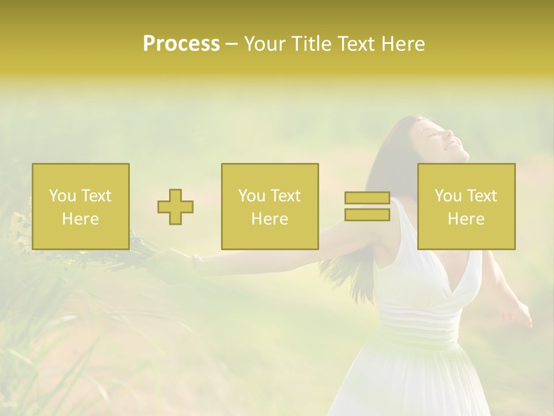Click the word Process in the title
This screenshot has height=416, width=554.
pos(181,44)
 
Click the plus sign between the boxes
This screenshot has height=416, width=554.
pos(175,207)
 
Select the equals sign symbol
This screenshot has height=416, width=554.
pos(367,206)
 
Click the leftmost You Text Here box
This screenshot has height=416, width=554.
pos(81,206)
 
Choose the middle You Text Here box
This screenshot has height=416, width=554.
pos(270,206)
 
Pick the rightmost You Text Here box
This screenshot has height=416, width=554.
pos(466,206)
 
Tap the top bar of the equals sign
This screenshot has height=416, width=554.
pos(367,198)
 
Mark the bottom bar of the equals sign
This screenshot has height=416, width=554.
pos(367,214)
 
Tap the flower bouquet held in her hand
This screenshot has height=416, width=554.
pos(136,243)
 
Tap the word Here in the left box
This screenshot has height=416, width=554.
pos(81,219)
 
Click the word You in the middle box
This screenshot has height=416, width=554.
pos(251,196)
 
